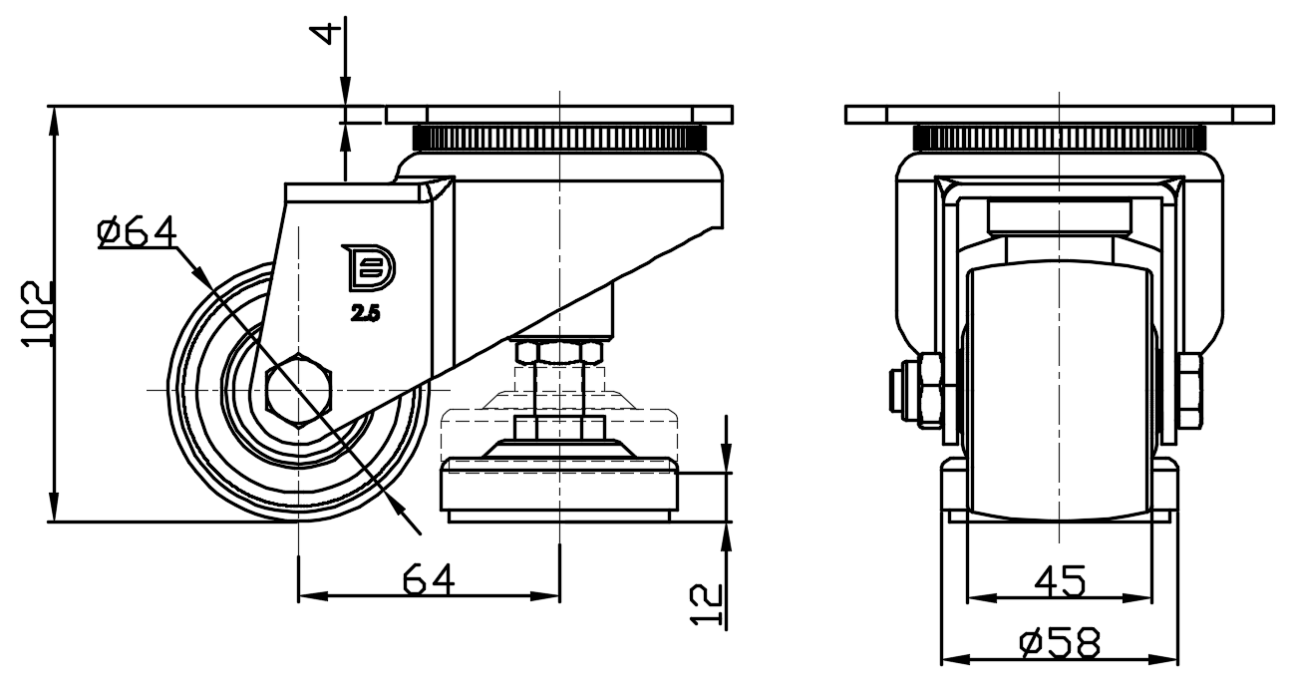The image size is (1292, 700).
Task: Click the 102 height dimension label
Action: tap(37, 314)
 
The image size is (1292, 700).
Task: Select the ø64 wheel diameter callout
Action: tap(137, 231)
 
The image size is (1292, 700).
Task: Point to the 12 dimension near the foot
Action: tap(706, 604)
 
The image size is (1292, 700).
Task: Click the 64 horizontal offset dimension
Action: tap(429, 578)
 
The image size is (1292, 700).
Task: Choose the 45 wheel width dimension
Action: tap(1060, 580)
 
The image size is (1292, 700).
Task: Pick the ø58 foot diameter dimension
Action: tap(1060, 643)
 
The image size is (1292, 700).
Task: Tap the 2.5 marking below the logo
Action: tap(365, 314)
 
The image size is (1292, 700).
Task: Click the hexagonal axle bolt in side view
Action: tap(299, 390)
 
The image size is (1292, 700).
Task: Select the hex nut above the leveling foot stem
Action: tap(559, 352)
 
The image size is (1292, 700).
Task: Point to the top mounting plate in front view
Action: tap(1059, 114)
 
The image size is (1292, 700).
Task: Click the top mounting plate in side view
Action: tap(559, 114)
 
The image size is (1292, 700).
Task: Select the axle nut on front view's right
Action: tap(1190, 389)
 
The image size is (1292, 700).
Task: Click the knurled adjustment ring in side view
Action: tap(559, 138)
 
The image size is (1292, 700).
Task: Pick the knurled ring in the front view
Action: tap(1059, 138)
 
